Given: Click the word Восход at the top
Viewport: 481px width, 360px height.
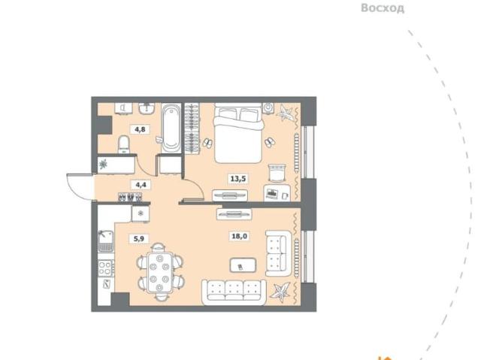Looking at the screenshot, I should (383, 8).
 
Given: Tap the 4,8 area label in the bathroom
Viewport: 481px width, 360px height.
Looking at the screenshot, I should (141, 129).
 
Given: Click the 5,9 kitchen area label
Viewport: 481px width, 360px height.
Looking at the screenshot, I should (141, 241).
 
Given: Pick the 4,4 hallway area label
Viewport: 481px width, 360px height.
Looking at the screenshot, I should (140, 182).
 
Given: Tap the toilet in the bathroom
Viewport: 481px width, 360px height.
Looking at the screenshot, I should (124, 143).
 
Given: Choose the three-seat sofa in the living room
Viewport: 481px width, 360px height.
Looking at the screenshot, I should (234, 291).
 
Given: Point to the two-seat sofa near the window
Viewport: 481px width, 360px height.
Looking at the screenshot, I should (279, 254).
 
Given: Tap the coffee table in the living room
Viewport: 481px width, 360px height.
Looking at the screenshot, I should (245, 265).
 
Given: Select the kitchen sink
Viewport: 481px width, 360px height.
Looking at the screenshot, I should (104, 241).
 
